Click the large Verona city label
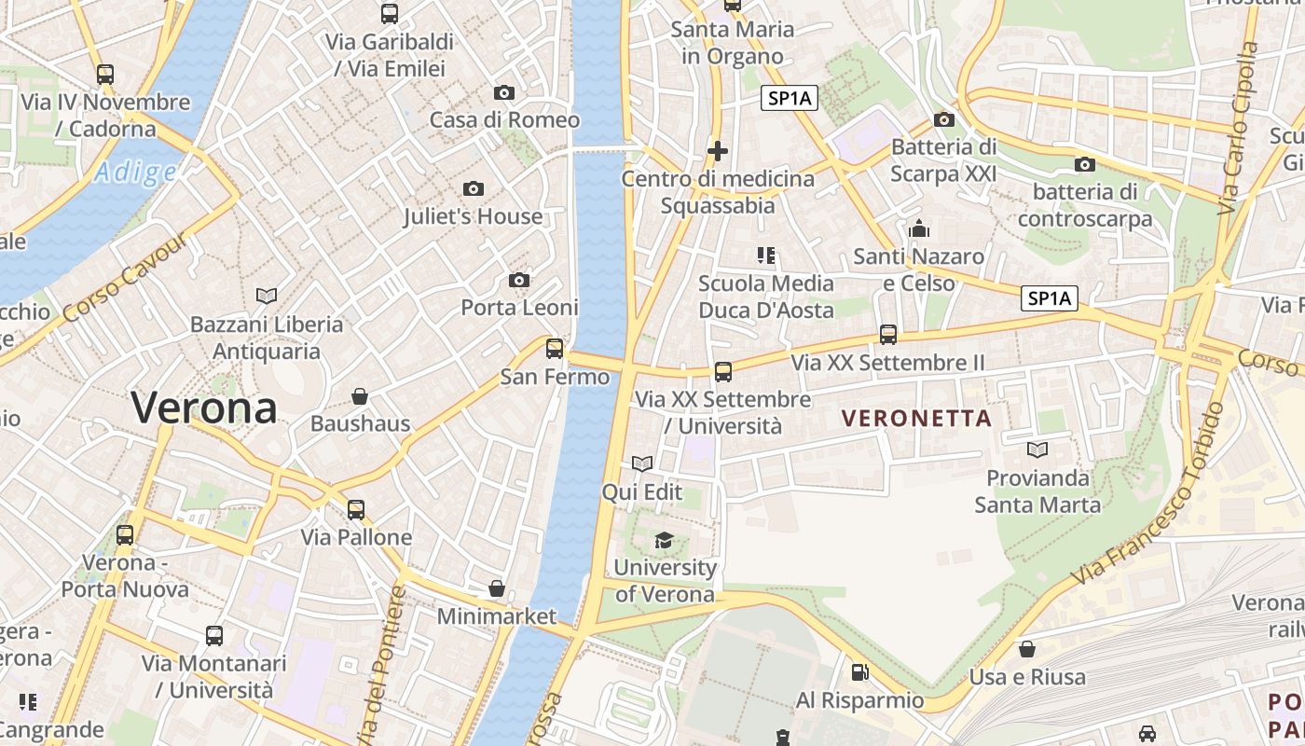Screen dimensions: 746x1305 203,408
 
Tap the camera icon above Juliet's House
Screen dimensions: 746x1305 474,188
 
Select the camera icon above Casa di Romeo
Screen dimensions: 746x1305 504,92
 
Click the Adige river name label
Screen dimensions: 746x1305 135,173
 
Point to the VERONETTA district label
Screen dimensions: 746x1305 917,419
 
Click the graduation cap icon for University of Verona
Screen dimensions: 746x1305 664,540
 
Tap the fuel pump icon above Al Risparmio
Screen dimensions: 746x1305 859,672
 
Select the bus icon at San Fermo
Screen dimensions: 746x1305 555,349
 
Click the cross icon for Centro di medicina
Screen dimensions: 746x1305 718,150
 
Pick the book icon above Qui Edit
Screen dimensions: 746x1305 641,463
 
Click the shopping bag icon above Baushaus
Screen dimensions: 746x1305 360,396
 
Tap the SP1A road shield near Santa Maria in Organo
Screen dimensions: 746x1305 790,98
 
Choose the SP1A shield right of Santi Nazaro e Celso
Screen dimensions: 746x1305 1049,298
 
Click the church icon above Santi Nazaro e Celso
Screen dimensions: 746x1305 919,228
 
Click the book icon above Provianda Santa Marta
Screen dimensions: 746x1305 1037,450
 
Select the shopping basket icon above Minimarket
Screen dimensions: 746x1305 497,588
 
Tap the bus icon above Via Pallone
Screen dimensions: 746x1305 356,510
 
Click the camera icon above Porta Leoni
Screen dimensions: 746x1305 519,280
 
